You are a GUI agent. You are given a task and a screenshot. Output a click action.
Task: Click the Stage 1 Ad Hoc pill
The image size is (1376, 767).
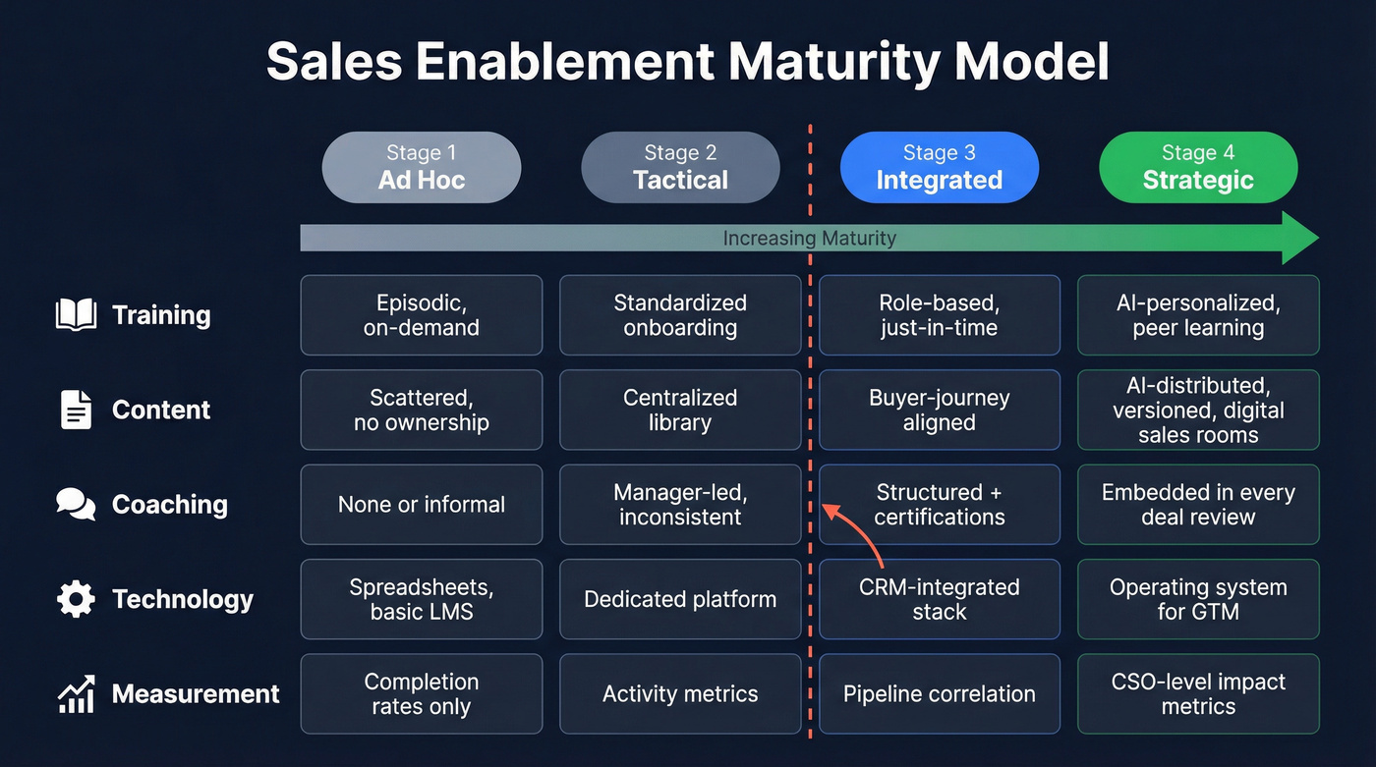click(422, 167)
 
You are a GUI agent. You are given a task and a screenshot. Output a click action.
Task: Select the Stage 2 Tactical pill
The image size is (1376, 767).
click(680, 167)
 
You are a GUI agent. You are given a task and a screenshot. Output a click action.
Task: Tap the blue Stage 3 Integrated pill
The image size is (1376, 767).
click(939, 167)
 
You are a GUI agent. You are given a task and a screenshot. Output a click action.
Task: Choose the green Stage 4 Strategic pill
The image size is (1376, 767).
click(1198, 167)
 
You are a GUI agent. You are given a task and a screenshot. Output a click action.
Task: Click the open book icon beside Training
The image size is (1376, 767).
click(76, 315)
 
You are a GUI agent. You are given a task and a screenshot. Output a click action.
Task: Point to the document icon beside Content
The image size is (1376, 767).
click(76, 410)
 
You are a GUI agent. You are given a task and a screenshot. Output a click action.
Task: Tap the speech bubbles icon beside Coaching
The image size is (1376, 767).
click(76, 505)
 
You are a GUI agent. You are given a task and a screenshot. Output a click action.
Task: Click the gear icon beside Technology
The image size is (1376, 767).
click(76, 599)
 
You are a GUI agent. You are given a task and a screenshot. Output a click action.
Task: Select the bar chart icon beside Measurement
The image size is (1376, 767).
click(76, 693)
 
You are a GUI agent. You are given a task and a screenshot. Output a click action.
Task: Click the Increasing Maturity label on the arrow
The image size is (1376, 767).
click(809, 238)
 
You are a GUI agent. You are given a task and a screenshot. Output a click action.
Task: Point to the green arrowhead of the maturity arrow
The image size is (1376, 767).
click(1299, 238)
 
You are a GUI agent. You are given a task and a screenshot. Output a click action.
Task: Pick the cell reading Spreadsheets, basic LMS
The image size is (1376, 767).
click(422, 599)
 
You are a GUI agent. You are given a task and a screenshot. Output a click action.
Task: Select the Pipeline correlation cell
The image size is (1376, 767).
click(939, 693)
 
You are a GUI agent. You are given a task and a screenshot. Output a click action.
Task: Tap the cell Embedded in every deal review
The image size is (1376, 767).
click(1198, 505)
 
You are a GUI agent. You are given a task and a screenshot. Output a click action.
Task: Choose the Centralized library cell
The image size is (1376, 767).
click(680, 410)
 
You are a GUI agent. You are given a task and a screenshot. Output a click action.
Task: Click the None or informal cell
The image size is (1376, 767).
click(422, 505)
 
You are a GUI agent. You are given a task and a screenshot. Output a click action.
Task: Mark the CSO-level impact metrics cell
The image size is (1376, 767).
click(1198, 693)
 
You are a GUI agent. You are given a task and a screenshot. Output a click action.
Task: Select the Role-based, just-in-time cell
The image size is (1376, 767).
click(939, 315)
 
